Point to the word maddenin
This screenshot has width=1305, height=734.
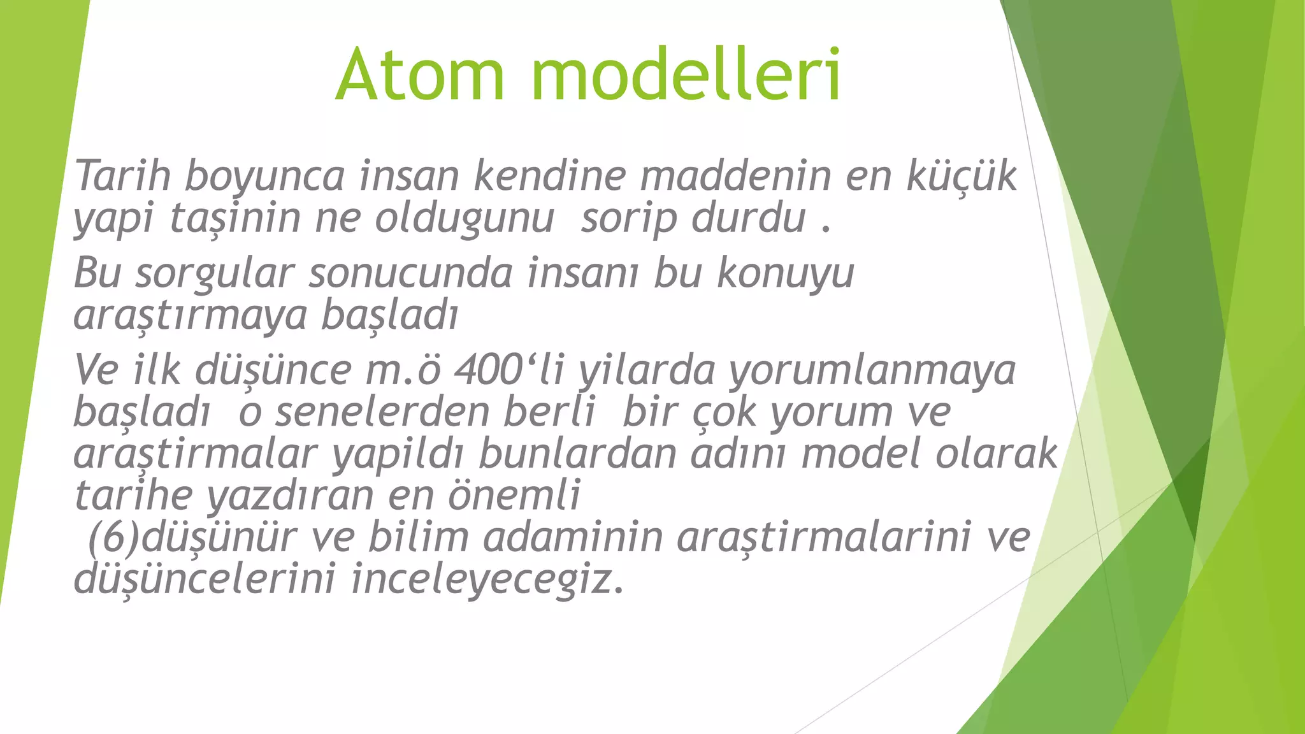(x=735, y=175)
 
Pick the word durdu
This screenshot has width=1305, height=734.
(x=749, y=218)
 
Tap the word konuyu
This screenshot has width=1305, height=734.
(x=785, y=275)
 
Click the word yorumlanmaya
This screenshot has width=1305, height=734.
(x=872, y=371)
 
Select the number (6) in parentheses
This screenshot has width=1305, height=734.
(x=113, y=538)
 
